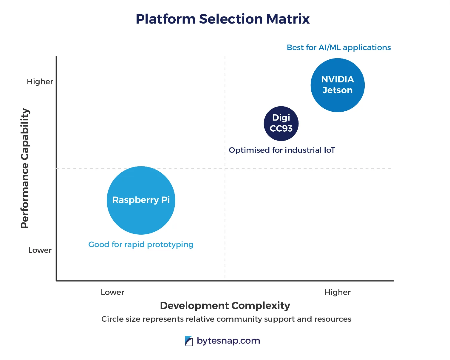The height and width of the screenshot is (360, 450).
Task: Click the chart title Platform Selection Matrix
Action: pyautogui.click(x=222, y=19)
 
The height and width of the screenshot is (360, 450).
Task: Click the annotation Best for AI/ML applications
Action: pyautogui.click(x=338, y=48)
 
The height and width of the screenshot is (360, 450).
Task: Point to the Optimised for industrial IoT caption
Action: pyautogui.click(x=282, y=150)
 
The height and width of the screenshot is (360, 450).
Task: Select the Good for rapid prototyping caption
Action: pyautogui.click(x=141, y=244)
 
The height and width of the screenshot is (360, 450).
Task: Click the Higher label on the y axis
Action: pyautogui.click(x=40, y=82)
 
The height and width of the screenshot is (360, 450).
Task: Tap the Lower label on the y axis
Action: pyautogui.click(x=40, y=250)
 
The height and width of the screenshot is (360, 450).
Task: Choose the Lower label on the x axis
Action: pyautogui.click(x=112, y=292)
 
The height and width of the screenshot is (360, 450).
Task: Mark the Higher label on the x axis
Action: pyautogui.click(x=337, y=292)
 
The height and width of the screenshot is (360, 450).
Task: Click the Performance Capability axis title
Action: pyautogui.click(x=25, y=168)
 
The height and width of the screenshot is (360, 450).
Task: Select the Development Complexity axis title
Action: pyautogui.click(x=225, y=306)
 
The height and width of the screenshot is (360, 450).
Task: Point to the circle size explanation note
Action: pyautogui.click(x=226, y=319)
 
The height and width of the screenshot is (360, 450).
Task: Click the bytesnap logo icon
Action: pyautogui.click(x=189, y=341)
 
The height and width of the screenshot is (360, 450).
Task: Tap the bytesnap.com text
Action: pyautogui.click(x=228, y=341)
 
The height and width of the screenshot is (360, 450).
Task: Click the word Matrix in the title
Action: pyautogui.click(x=288, y=19)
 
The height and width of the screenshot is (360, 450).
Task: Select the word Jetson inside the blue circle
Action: pyautogui.click(x=338, y=90)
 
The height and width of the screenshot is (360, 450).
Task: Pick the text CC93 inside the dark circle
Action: pyautogui.click(x=281, y=128)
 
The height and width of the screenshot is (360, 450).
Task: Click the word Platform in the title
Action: pyautogui.click(x=165, y=19)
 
